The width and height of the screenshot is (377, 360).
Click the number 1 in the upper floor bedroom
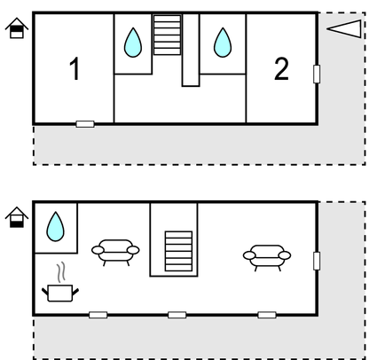coord(75,68)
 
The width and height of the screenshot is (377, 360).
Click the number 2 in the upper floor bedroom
coord(281,69)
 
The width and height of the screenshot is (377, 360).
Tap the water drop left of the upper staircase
coord(133,43)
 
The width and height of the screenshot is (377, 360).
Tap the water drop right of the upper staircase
coord(223,43)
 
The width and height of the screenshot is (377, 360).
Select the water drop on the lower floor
coord(55,226)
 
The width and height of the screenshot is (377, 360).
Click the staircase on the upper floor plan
coord(167,35)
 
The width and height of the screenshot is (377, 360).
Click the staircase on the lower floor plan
coord(178,251)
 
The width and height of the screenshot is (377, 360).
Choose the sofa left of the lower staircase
coord(115,253)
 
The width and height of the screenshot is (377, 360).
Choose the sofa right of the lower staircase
coord(267,258)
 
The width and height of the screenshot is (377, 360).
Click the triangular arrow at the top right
coord(344,28)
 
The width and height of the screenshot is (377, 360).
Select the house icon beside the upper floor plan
coord(17,28)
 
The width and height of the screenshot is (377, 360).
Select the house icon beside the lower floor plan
coord(17,217)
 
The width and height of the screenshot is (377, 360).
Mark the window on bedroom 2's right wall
coord(317,74)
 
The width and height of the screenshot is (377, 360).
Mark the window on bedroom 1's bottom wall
coord(85,124)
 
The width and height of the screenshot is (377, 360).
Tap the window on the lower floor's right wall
coord(317,261)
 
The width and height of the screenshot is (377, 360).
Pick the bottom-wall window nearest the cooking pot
coord(98,315)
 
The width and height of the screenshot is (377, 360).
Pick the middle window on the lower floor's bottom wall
coord(177,315)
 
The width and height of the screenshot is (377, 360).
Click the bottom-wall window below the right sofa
coord(267,315)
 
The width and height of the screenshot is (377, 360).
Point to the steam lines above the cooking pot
coord(60,272)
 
